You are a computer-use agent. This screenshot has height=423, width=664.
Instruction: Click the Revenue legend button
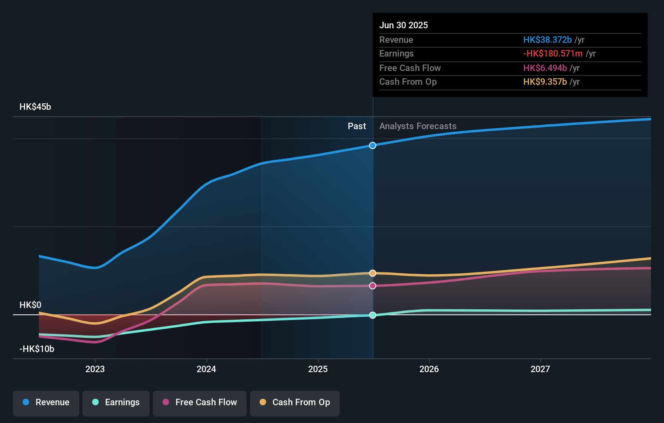[x=46, y=403]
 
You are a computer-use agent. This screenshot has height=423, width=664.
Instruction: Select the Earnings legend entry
[x=116, y=403]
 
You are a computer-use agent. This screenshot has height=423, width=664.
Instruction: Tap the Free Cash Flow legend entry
[x=200, y=403]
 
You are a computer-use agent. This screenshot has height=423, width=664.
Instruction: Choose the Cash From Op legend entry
[x=295, y=403]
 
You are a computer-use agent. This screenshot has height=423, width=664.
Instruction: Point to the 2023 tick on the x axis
[x=95, y=369]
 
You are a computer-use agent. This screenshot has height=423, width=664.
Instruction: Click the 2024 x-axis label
[x=206, y=369]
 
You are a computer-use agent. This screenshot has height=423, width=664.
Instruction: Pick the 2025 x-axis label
[x=318, y=369]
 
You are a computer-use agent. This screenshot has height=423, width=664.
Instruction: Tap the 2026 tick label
[x=429, y=369]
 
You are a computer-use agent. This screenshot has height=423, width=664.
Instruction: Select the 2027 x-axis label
[x=540, y=369]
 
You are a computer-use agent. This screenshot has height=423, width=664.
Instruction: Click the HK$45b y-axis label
[x=35, y=107]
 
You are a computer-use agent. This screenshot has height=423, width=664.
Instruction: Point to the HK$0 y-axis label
[x=30, y=305]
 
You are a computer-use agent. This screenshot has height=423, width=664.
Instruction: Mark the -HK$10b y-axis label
[x=37, y=349]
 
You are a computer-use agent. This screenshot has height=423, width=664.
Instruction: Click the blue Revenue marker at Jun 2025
[x=373, y=145]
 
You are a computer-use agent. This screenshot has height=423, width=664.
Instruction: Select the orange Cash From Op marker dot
[x=373, y=273]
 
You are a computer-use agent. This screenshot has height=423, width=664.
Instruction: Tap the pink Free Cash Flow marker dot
[x=373, y=286]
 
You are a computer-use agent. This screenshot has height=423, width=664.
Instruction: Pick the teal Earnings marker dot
[x=373, y=315]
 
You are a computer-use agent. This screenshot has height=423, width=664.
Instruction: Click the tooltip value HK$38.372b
[x=547, y=40]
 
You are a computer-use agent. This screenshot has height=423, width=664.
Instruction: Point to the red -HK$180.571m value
[x=553, y=54]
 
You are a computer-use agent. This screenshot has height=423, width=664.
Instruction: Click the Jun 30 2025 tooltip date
[x=404, y=25]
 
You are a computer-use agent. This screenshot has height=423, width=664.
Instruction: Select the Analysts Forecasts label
[x=418, y=126]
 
